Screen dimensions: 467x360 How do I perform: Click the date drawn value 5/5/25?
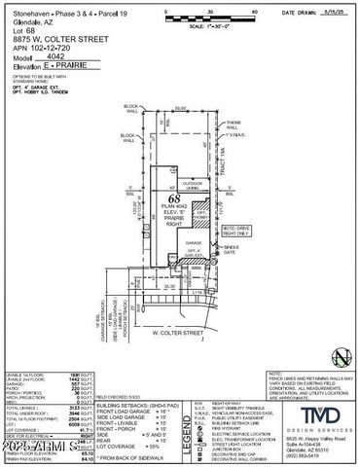pos(337,14)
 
